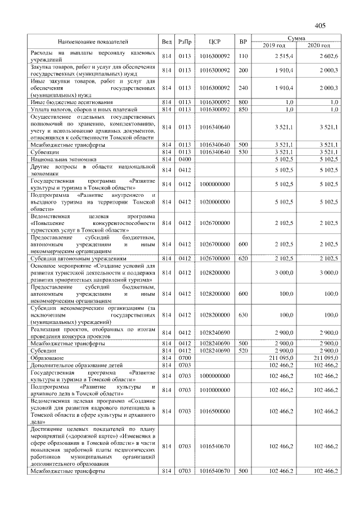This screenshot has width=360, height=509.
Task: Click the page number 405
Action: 321,25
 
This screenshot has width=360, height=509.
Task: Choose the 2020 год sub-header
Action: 318,45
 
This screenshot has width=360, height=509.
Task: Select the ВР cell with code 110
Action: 243,56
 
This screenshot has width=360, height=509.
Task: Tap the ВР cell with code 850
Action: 243,109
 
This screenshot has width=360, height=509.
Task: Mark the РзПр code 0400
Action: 184,160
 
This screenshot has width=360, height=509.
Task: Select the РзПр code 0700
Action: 184,358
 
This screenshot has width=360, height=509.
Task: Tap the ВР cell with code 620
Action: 243,258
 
